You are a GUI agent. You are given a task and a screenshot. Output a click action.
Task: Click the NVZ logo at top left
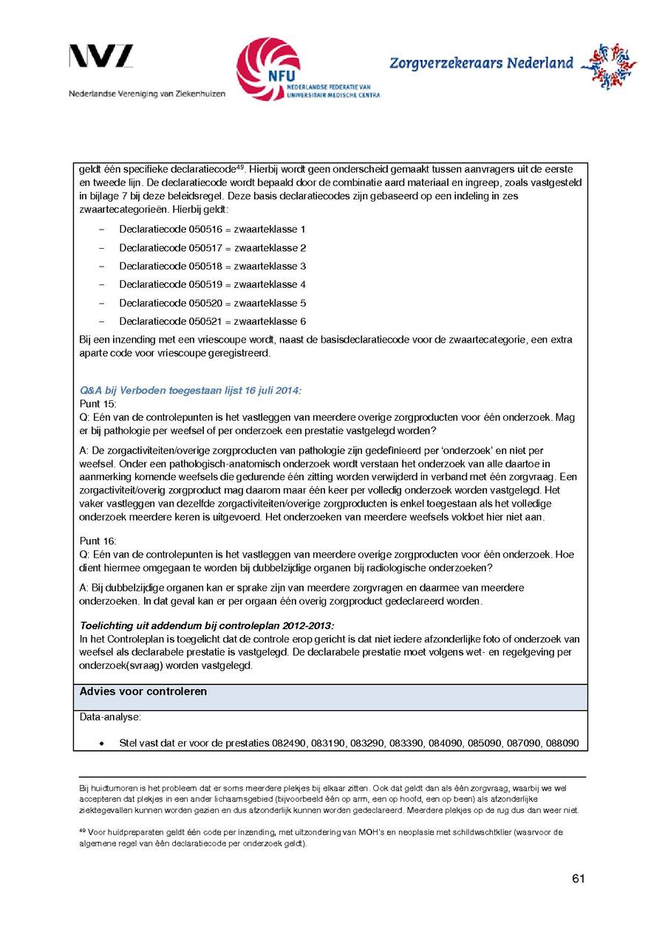pos(101,57)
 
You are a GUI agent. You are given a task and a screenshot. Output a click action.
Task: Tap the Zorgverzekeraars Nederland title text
pos(481,64)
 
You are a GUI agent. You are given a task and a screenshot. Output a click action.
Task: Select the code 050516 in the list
pos(205,230)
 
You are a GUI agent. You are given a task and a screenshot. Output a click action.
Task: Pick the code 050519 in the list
pos(205,284)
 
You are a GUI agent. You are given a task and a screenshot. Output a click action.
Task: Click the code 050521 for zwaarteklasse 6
pos(205,321)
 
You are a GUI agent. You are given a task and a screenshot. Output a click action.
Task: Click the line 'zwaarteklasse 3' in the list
pos(270,266)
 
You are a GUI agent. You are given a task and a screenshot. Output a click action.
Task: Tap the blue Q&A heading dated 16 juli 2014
pos(190,390)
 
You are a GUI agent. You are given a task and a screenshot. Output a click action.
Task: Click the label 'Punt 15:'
pos(98,404)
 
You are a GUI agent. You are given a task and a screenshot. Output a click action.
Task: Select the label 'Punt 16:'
pos(98,541)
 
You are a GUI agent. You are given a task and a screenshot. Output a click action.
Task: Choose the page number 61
pos(579,878)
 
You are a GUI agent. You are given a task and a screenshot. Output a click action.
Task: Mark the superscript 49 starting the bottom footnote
pos(82,831)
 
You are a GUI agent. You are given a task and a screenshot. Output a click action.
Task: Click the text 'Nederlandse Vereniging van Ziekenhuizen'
pos(147,94)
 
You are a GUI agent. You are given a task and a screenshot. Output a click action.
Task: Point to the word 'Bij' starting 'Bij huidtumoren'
pos(83,789)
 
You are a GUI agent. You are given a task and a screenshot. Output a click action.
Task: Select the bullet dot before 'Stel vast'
pos(101,744)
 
